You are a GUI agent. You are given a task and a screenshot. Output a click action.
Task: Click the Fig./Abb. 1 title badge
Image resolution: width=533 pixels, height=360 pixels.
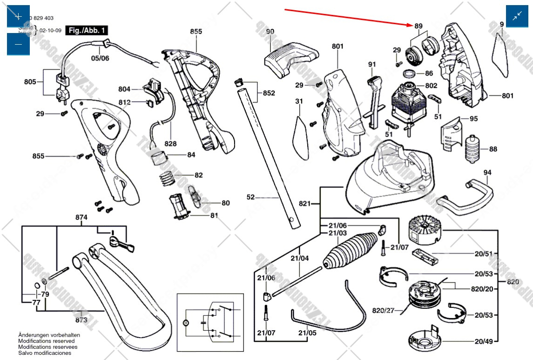[x=87, y=31]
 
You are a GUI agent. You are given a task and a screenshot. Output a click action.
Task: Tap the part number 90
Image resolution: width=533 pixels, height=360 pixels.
[x=270, y=32]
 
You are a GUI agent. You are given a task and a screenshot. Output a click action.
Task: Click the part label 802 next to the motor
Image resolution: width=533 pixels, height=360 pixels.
[x=431, y=86]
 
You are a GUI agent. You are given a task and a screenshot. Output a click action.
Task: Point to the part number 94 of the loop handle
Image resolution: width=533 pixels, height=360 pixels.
[x=487, y=173]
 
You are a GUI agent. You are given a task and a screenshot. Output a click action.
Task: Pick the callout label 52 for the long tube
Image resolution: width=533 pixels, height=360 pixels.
[x=250, y=197]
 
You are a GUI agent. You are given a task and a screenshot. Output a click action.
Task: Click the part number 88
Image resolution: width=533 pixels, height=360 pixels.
[x=493, y=149]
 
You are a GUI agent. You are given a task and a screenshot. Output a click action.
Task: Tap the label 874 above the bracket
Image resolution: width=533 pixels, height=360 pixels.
[x=82, y=217]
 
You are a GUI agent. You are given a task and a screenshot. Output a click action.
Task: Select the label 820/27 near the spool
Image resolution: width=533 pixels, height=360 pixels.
[x=383, y=311]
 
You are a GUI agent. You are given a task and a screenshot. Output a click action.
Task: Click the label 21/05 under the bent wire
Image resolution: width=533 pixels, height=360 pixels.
[x=307, y=333]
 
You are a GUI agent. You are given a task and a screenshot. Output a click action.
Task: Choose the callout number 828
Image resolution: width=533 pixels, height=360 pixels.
[x=170, y=144]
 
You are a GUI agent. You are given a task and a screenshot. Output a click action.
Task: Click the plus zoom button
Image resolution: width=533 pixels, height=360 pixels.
[x=18, y=16]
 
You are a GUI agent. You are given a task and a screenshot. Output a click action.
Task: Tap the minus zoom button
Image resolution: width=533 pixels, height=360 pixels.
[x=18, y=44]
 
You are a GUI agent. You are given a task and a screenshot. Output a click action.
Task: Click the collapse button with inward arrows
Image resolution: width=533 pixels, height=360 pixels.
[x=517, y=16]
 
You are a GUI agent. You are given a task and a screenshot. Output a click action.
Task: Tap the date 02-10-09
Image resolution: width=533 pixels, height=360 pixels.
[x=50, y=30]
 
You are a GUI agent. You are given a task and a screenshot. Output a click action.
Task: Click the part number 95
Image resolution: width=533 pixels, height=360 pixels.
[x=473, y=119]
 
